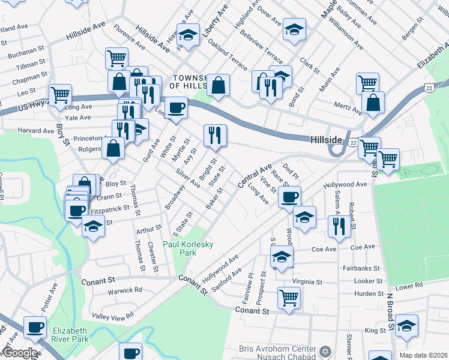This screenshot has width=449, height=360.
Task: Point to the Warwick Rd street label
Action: click(125, 290)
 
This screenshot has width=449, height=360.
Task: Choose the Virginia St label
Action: click(307, 281)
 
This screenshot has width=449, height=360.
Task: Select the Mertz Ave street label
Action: click(348, 110)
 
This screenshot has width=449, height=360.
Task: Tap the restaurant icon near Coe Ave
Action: click(339, 226)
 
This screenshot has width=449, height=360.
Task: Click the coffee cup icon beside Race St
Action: click(290, 196)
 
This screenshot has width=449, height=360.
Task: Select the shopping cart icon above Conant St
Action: click(289, 296)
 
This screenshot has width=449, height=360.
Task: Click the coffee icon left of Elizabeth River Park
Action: click(35, 328)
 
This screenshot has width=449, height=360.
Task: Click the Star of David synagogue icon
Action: click(327, 350)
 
